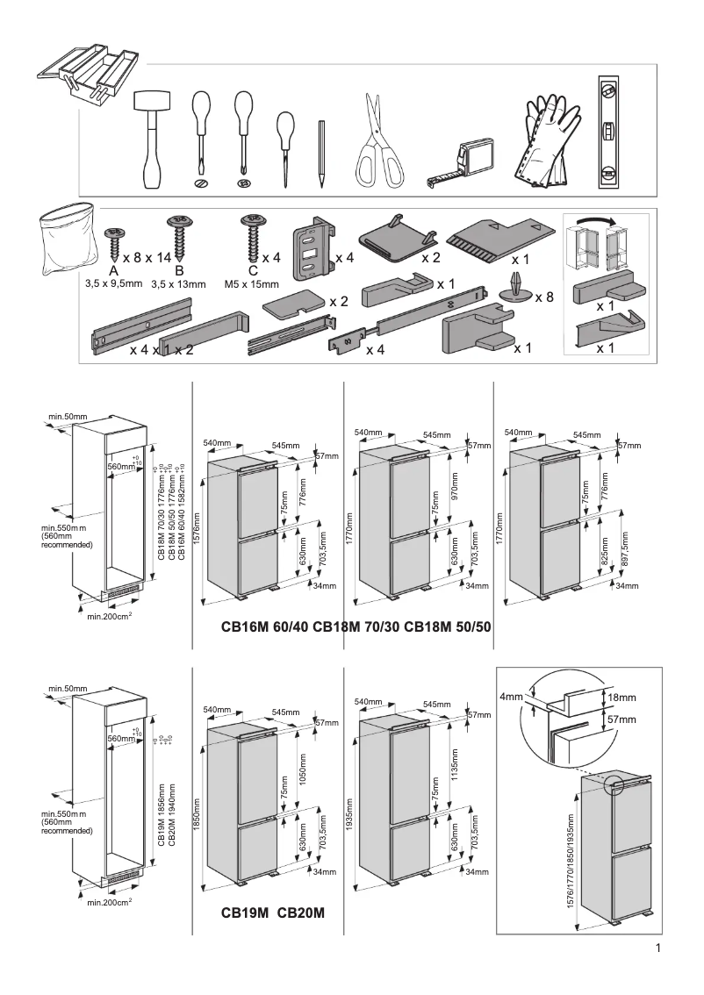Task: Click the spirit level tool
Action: (607, 132)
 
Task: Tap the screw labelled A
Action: (113, 237)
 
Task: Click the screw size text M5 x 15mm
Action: (252, 284)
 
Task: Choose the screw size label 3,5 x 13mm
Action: (178, 284)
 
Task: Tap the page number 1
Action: (658, 948)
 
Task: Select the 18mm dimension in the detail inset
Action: (621, 698)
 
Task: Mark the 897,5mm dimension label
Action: (625, 549)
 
